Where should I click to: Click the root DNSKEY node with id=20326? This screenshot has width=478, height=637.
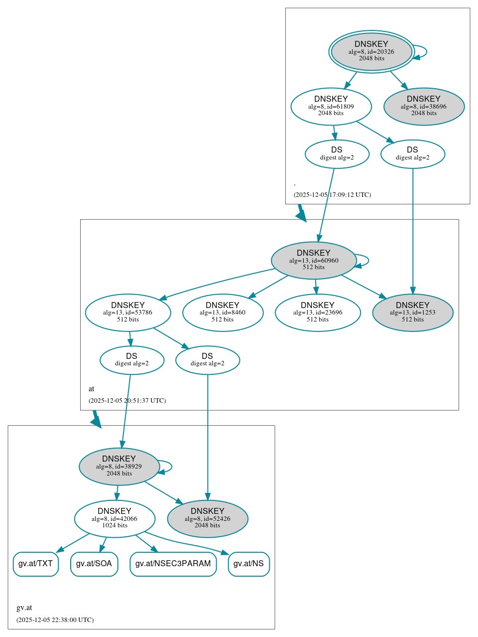pyautogui.click(x=371, y=51)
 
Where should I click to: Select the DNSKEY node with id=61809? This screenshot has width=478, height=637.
pyautogui.click(x=331, y=106)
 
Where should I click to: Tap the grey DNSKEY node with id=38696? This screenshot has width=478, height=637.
pyautogui.click(x=424, y=106)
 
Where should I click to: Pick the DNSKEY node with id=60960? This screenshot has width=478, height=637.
pyautogui.click(x=314, y=260)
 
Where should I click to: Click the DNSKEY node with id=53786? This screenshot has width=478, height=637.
pyautogui.click(x=128, y=313)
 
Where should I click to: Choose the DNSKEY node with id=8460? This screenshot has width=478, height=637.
pyautogui.click(x=223, y=313)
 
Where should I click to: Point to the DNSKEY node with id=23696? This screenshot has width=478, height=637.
pyautogui.click(x=318, y=313)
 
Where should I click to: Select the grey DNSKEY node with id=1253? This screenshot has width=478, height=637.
pyautogui.click(x=413, y=313)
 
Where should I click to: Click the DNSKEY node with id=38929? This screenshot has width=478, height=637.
pyautogui.click(x=119, y=467)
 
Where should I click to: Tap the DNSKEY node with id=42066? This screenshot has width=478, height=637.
pyautogui.click(x=115, y=519)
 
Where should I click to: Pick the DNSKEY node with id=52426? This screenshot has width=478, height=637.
pyautogui.click(x=208, y=519)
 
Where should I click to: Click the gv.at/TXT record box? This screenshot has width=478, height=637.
pyautogui.click(x=35, y=564)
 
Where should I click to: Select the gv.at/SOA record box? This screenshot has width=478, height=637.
pyautogui.click(x=94, y=564)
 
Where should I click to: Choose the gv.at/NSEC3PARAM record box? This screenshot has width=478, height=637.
pyautogui.click(x=173, y=564)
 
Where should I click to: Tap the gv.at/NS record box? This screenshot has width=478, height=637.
pyautogui.click(x=248, y=564)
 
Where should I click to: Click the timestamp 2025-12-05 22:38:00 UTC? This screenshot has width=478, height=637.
pyautogui.click(x=55, y=620)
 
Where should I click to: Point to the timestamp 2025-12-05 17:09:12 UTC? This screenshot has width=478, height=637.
pyautogui.click(x=332, y=195)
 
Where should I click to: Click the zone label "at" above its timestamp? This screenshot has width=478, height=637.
pyautogui.click(x=91, y=389)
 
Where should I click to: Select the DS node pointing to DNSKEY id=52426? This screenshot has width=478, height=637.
pyautogui.click(x=208, y=360)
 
